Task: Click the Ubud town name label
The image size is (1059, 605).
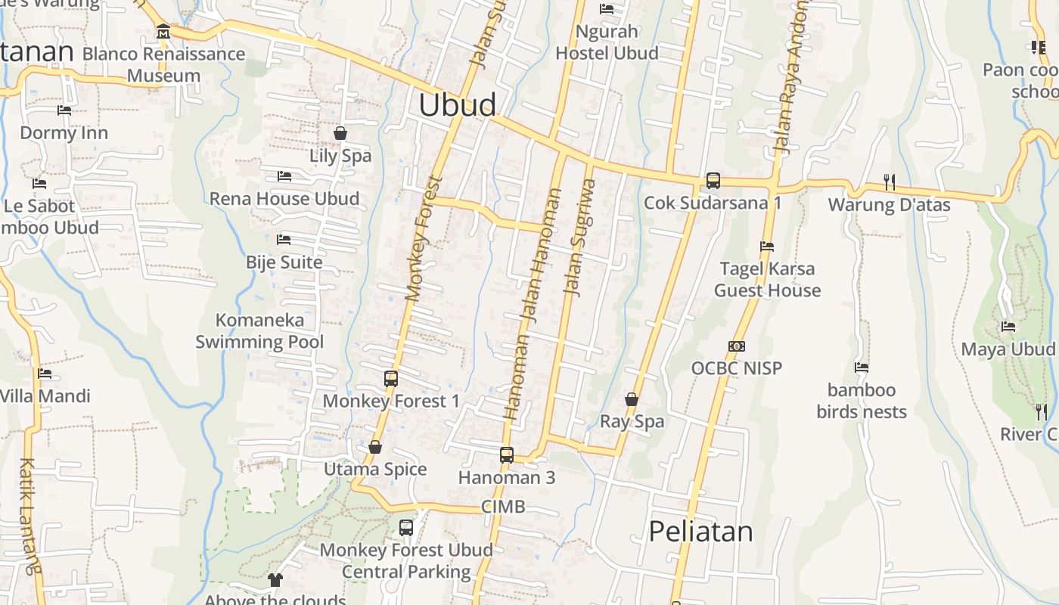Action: (458, 105)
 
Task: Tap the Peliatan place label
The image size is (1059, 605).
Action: (700, 531)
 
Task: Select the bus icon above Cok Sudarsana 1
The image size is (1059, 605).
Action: (713, 181)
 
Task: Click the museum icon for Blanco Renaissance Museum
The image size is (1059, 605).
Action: (163, 32)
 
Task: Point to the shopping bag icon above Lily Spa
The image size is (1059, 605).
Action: (340, 133)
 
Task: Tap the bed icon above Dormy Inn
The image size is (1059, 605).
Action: (64, 110)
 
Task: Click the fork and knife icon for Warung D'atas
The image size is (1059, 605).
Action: (890, 181)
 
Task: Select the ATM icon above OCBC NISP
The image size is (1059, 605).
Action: (737, 346)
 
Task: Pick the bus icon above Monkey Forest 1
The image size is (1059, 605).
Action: (391, 379)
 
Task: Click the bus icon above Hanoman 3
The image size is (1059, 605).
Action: (507, 455)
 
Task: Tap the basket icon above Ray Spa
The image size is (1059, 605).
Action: (632, 399)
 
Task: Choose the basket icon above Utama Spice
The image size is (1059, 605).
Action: (375, 447)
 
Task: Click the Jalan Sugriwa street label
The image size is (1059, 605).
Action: (580, 237)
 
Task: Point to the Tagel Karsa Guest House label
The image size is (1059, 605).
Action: (767, 280)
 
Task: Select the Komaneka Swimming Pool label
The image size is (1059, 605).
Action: (259, 331)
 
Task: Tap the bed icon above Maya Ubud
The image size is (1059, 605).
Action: (1008, 327)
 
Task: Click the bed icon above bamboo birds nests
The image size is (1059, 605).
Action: (862, 368)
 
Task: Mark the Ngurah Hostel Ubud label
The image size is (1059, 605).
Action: (607, 42)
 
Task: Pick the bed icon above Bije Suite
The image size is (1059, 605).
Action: (284, 240)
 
